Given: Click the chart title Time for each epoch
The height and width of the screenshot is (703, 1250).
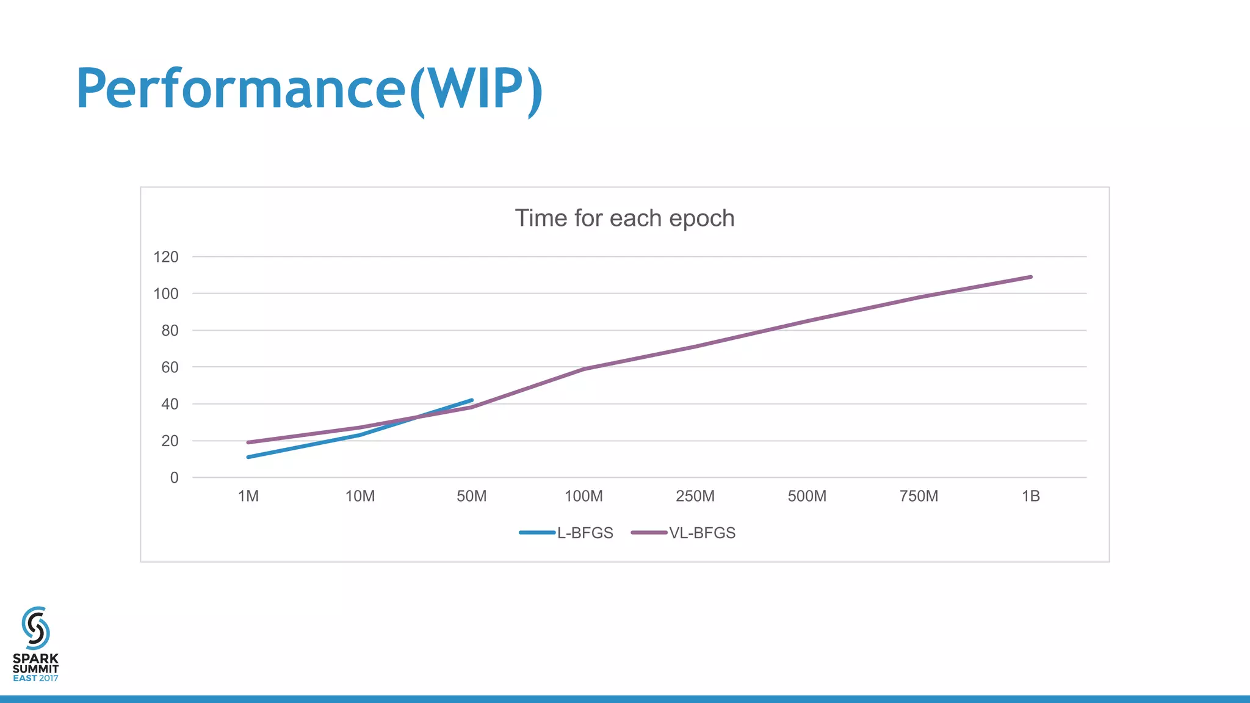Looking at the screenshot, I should (624, 218).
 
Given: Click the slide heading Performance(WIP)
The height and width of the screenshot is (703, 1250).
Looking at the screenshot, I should (309, 89).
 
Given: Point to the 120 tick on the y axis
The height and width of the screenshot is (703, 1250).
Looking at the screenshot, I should (166, 257).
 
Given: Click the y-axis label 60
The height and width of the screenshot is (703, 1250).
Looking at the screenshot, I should (170, 367).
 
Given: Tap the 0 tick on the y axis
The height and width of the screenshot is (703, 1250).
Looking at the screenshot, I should (175, 478).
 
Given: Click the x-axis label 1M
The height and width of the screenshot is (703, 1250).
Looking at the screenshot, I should (248, 496).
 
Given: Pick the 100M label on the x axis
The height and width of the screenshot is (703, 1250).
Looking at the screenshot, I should (583, 496).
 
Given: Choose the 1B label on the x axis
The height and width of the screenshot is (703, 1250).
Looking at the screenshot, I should (1031, 496).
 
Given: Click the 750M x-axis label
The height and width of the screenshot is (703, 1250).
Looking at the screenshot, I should (919, 496).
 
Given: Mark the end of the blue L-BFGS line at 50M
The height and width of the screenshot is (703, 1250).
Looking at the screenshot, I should (471, 400).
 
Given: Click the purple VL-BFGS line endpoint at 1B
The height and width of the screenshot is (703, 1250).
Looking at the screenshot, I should (1030, 277).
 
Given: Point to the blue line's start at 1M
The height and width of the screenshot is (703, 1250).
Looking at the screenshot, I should (248, 457).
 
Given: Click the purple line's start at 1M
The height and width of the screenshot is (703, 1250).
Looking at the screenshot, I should (248, 442).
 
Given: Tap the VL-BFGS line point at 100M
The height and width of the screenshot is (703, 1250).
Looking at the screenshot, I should (584, 369).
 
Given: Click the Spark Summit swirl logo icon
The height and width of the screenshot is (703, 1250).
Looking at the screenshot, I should (35, 628).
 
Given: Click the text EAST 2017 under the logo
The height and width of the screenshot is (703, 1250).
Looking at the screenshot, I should (35, 678).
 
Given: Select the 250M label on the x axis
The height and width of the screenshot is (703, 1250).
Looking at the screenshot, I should (695, 496).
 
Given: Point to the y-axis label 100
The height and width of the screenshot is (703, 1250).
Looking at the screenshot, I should (166, 294).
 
